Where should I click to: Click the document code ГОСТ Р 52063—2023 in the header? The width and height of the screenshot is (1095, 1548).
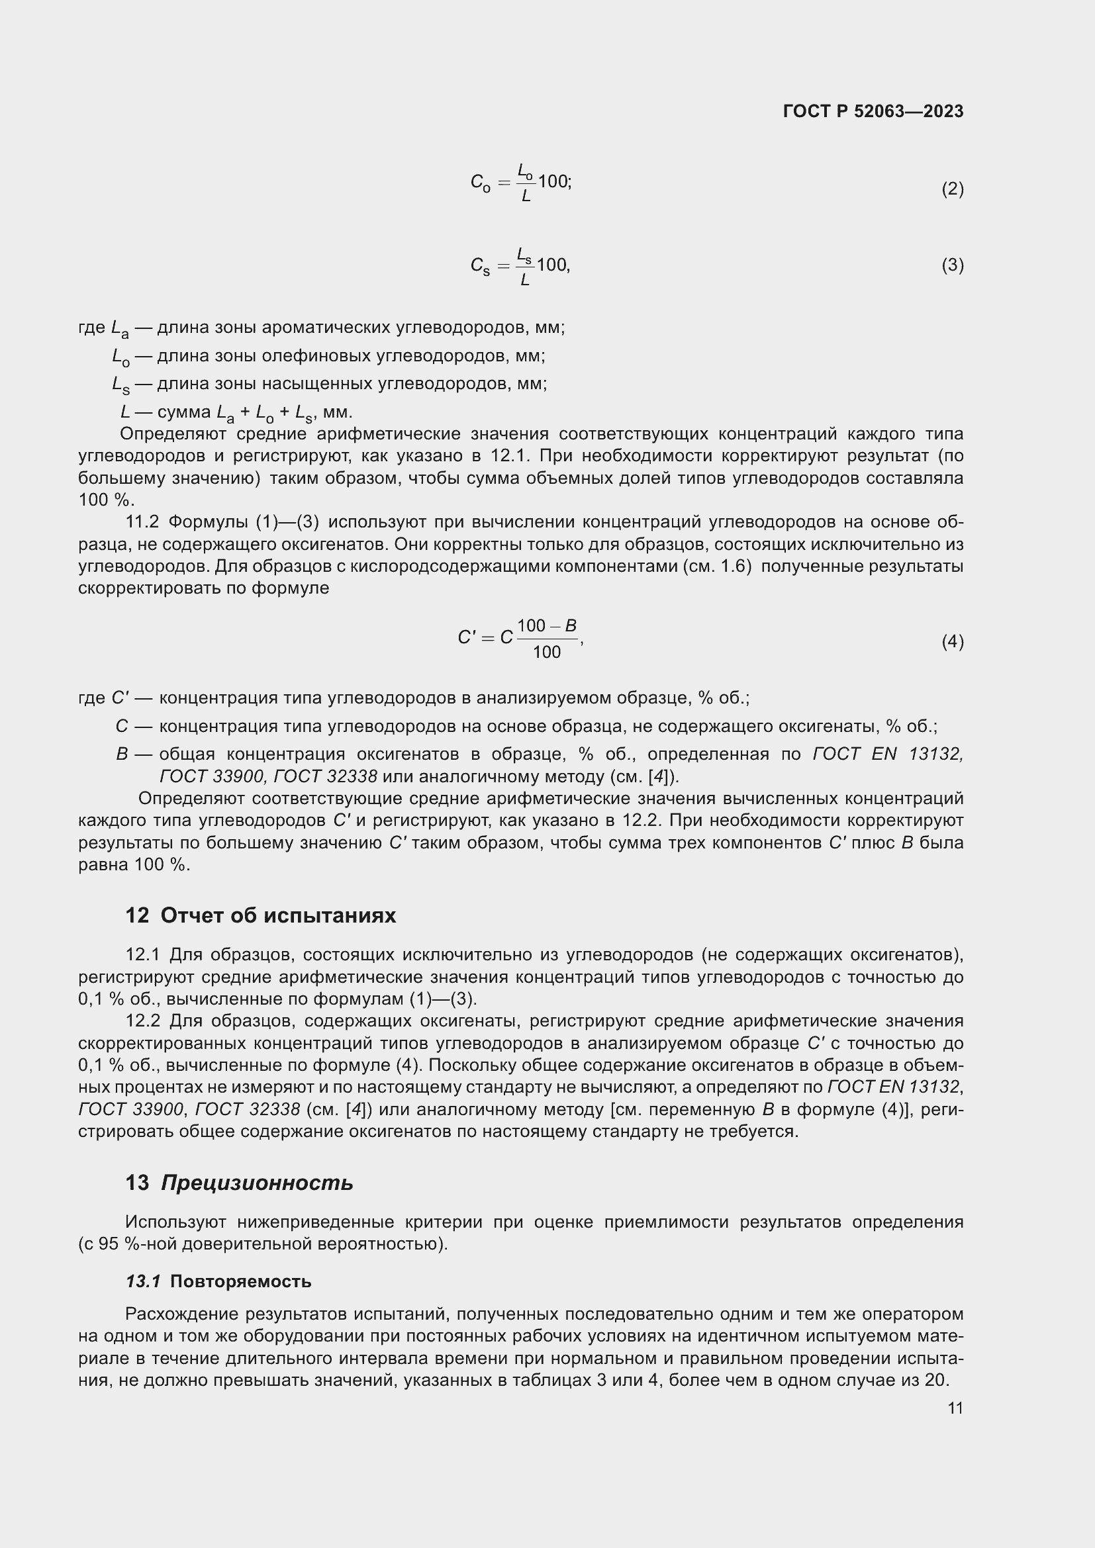coord(873,111)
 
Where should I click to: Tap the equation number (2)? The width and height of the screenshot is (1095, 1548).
coord(952,189)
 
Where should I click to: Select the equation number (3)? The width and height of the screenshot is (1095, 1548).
coord(952,265)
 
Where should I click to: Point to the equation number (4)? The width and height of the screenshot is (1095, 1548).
coord(952,641)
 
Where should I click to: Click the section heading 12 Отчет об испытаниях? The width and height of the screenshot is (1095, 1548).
coord(260,915)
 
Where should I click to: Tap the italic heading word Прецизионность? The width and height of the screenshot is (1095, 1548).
coord(257,1183)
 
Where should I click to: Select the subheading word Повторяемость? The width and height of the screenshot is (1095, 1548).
coord(241,1281)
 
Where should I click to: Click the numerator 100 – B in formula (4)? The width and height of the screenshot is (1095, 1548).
coord(546,625)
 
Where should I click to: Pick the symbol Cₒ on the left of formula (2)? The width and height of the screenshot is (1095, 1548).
coord(480,183)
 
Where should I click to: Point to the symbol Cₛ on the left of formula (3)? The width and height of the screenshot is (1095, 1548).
coord(480,266)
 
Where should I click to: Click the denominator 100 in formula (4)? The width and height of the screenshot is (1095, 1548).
coord(546,652)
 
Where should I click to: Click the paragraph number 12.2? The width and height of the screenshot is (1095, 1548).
coord(142,1021)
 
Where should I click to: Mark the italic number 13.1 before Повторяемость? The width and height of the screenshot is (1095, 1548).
coord(143,1281)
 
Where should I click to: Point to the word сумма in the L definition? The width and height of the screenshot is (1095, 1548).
coord(183,411)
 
